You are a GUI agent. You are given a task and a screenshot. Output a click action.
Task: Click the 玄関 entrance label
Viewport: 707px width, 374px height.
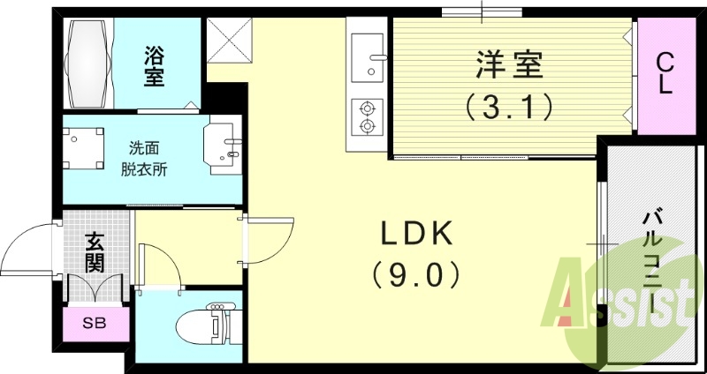pos(95,251)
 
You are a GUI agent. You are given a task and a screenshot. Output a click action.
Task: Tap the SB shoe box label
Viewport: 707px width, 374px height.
pos(94,323)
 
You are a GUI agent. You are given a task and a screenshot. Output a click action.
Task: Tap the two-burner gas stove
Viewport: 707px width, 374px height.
pos(366,116)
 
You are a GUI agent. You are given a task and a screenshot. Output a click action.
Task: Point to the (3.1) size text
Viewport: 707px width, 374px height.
pos(509,108)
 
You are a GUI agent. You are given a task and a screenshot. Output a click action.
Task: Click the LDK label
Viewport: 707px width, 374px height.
pos(417,233)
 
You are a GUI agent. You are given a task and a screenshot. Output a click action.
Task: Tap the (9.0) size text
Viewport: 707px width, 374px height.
pos(417,275)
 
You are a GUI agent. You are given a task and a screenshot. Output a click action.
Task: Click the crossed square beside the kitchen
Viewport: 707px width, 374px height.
pos(229,41)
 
